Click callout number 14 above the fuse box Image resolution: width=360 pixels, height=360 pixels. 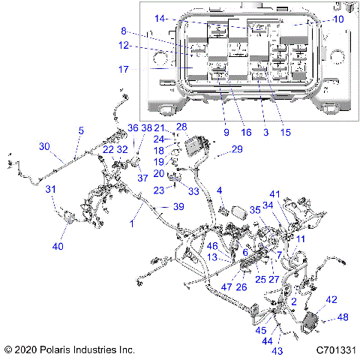(160, 18)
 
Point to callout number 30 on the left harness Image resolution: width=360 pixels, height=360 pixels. (44, 146)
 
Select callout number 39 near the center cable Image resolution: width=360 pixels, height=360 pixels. (178, 206)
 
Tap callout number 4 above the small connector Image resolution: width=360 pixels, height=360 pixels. (220, 192)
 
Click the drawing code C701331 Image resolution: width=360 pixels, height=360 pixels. (336, 349)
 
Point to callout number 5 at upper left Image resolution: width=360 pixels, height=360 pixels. (79, 130)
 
